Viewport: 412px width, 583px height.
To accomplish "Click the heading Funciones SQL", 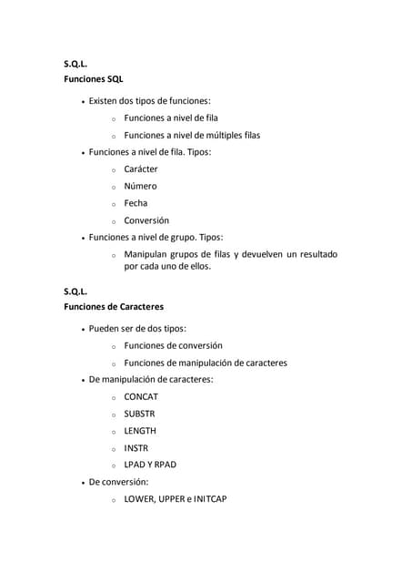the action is [93, 79].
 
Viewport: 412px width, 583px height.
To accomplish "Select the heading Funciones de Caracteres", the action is [114, 307].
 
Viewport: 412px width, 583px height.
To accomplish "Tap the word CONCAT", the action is [141, 396].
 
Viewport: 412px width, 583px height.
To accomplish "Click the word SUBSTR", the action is [140, 414].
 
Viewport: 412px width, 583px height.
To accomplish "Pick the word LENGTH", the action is [140, 431].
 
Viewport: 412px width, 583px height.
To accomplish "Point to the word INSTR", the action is [136, 448].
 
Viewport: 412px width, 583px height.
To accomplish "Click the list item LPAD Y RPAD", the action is [150, 465].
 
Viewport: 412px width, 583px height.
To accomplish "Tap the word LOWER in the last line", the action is [140, 499].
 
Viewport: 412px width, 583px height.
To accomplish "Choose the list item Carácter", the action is [141, 169].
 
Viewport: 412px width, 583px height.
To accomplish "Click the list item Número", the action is [141, 186].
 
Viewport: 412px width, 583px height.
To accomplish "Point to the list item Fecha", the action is [136, 203].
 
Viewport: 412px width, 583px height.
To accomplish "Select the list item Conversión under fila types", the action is [146, 220].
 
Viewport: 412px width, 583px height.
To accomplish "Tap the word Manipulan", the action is [147, 254].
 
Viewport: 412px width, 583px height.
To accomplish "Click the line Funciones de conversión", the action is [173, 345].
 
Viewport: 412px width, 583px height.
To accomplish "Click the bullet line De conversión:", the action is [118, 482].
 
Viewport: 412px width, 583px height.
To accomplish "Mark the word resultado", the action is [313, 254].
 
